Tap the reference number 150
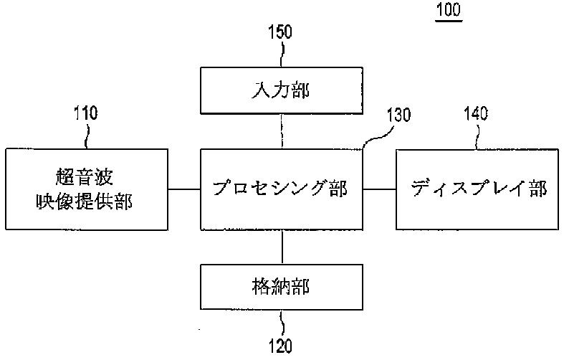pos(279,32)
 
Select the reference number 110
pos(85,113)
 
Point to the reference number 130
pos(398,116)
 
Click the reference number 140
pos(475,113)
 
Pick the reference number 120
pos(281,347)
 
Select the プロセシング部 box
pos(281,189)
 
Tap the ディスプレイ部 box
pos(479,189)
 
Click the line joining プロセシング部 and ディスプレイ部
pos(380,189)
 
